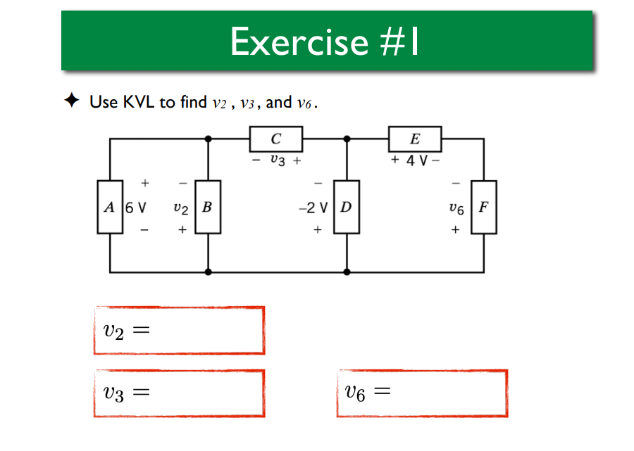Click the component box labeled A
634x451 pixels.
click(x=109, y=207)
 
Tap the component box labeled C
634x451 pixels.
click(x=276, y=139)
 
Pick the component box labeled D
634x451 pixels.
click(x=346, y=207)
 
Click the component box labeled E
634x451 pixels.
click(x=415, y=139)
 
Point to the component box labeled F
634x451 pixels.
click(x=483, y=207)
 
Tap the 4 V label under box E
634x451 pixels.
click(x=415, y=160)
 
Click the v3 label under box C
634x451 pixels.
click(x=277, y=160)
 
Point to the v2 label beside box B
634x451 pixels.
click(x=181, y=208)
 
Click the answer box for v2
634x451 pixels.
click(x=179, y=330)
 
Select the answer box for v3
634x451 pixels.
click(x=179, y=393)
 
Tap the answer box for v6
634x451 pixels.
click(x=422, y=393)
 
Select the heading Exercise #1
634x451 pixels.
click(x=325, y=42)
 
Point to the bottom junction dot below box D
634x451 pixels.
click(x=346, y=271)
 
